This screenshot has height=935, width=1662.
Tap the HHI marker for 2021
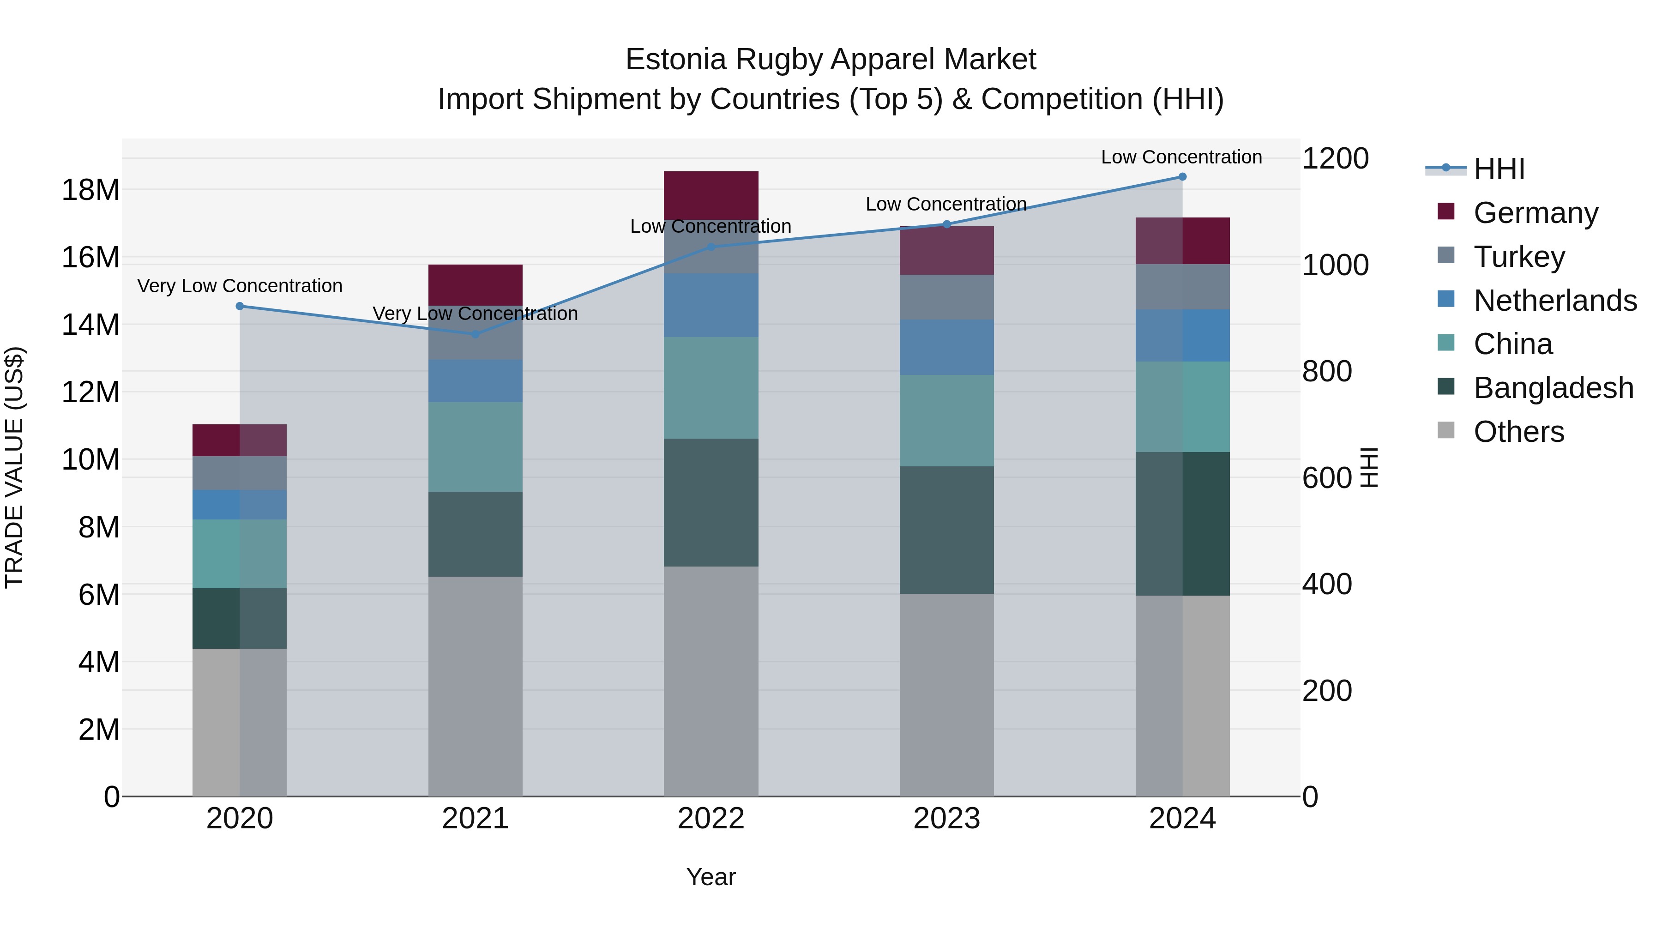tap(476, 334)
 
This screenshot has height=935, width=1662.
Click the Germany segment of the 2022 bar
tap(711, 195)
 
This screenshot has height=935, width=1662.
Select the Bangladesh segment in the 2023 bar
tap(946, 530)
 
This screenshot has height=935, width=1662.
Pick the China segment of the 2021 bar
tap(476, 446)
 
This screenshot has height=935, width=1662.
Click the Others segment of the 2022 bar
tap(711, 681)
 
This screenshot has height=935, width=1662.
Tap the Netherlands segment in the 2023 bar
tap(946, 347)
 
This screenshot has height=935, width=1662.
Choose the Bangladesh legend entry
tap(1553, 388)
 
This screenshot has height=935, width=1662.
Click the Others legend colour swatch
tap(1446, 430)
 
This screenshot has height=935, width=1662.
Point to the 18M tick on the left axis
tap(90, 190)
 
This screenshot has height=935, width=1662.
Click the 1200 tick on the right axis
tap(1335, 159)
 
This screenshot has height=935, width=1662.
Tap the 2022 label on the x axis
tap(711, 819)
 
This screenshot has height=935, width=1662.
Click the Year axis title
tap(711, 877)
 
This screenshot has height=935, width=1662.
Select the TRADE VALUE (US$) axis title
tap(14, 467)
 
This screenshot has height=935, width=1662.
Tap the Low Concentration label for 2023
tap(946, 204)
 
